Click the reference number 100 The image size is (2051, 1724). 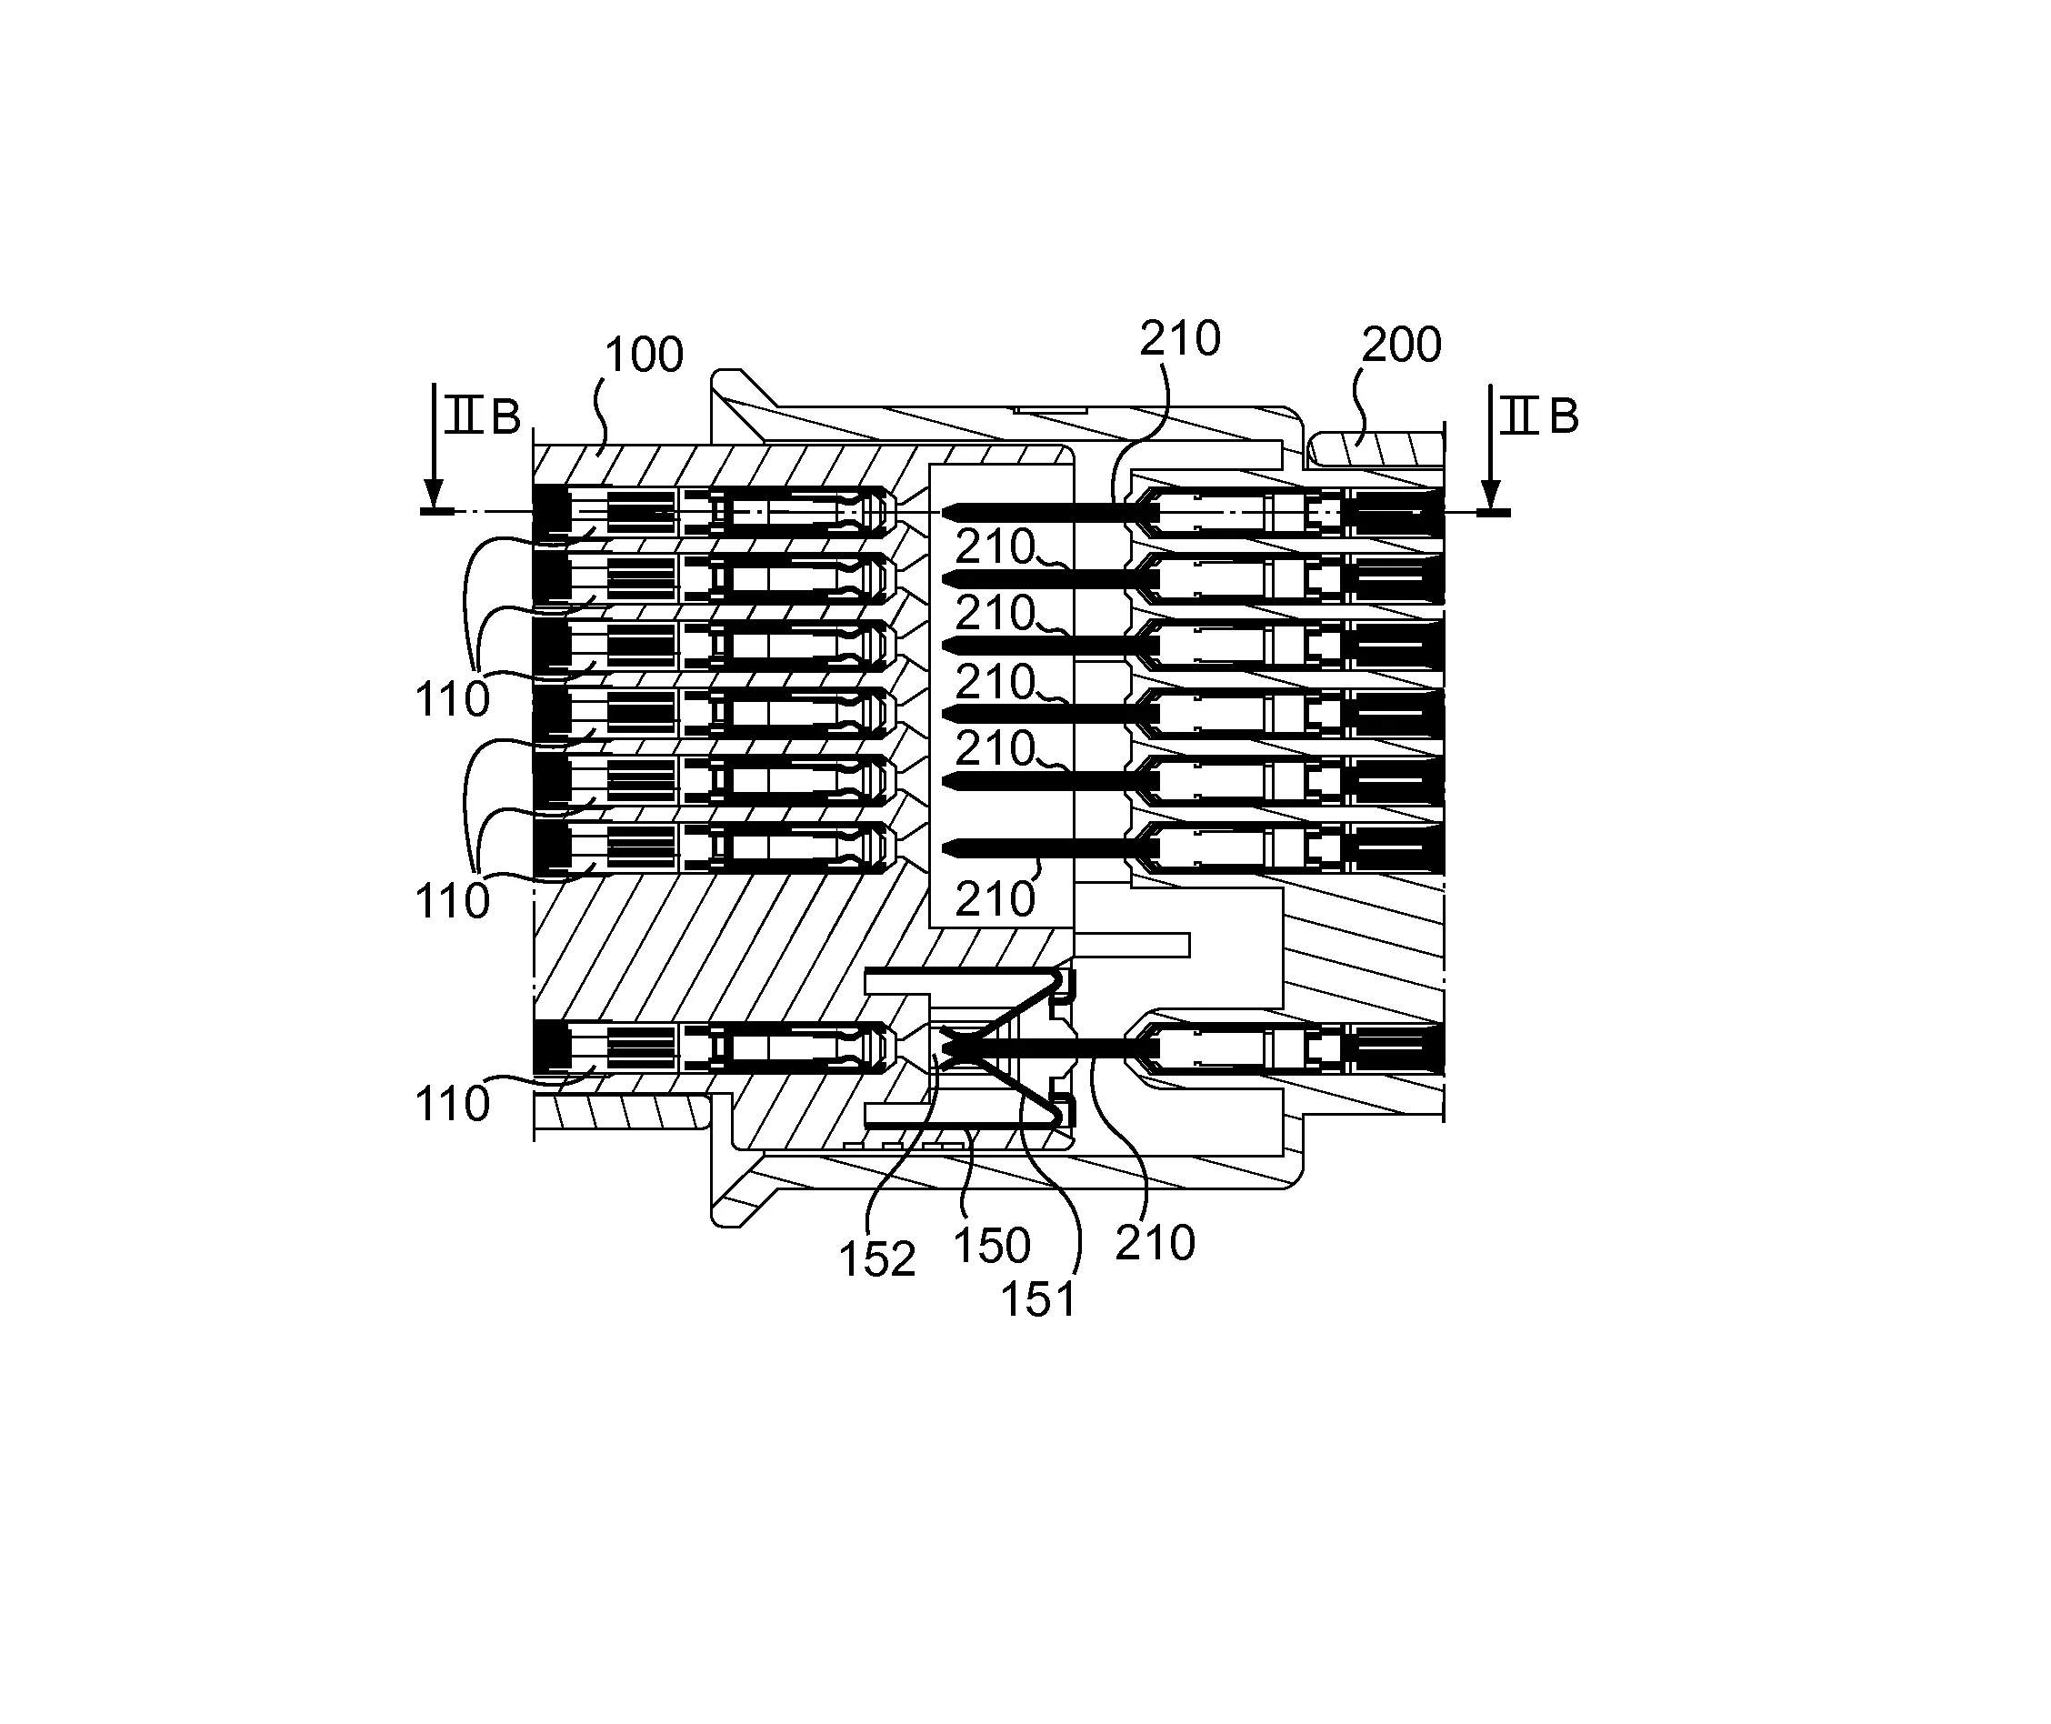point(644,356)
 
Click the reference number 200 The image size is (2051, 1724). point(1401,346)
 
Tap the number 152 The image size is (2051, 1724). point(876,1259)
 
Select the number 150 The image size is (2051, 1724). point(991,1246)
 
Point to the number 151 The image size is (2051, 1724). point(1037,1301)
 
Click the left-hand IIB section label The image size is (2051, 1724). point(482,417)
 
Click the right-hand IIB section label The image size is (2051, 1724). point(1539,417)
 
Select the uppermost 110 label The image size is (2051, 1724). point(453,701)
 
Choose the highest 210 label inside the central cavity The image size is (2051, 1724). point(995,547)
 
